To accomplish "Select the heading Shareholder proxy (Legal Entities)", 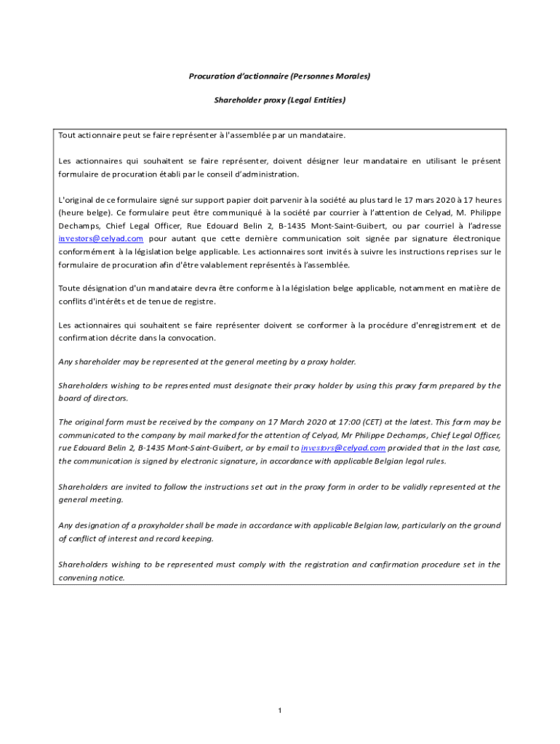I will point(280,100).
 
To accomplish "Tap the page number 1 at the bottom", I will point(280,710).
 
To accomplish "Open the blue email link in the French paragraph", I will point(100,238).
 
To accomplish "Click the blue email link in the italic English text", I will point(343,448).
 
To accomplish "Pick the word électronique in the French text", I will point(474,238).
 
